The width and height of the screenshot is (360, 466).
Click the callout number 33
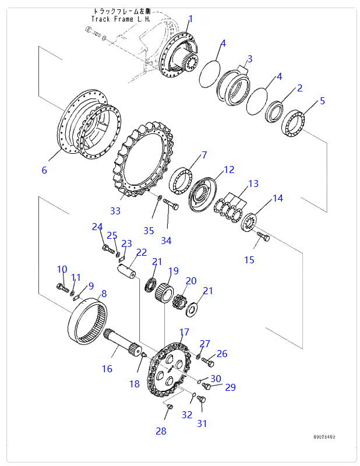115,210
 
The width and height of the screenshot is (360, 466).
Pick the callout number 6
44,170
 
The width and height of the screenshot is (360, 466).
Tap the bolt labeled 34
170,204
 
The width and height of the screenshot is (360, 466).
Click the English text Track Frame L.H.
121,19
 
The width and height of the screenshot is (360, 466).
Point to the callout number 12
229,170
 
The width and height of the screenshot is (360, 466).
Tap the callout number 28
161,431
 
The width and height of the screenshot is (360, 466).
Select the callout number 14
278,198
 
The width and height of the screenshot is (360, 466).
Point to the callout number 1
190,19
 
